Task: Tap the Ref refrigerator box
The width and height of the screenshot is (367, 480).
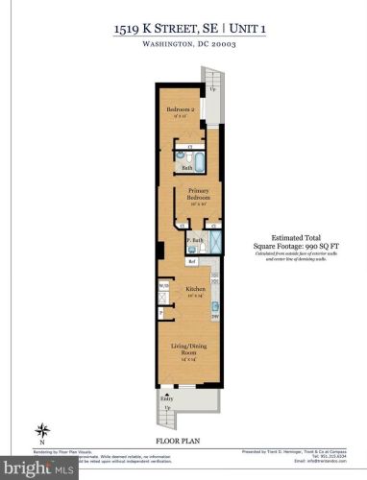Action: point(192,259)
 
